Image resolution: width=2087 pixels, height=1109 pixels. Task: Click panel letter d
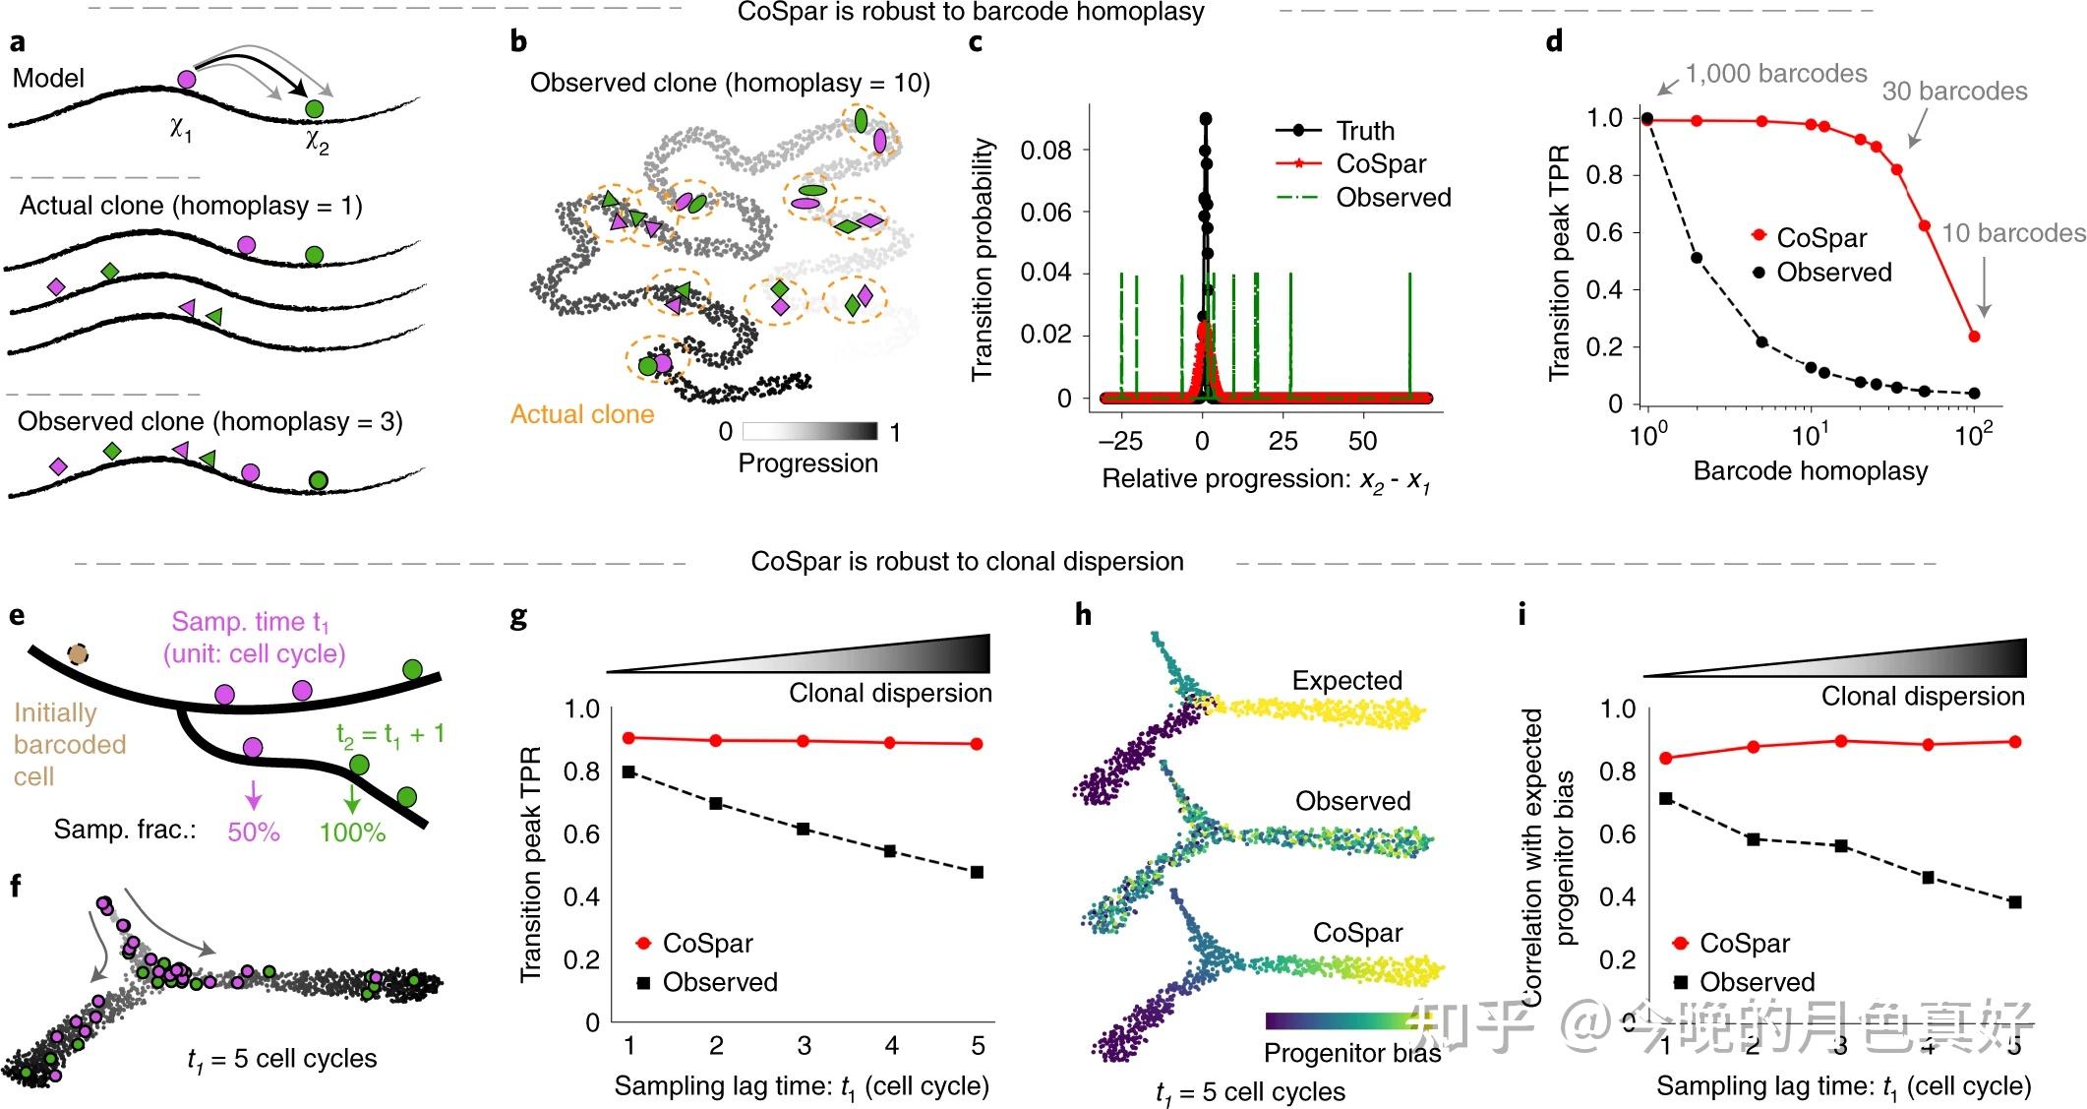click(x=1554, y=41)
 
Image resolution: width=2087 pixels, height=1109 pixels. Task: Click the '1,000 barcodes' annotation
click(x=1775, y=74)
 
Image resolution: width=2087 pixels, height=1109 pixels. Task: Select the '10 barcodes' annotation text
click(x=2012, y=233)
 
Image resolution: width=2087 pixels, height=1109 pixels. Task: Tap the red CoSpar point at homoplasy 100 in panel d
click(x=1974, y=337)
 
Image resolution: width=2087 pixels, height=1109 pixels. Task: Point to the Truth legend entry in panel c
click(x=1364, y=131)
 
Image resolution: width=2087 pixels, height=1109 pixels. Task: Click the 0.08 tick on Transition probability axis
click(x=1045, y=151)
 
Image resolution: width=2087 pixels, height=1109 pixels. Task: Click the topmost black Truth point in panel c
click(x=1205, y=119)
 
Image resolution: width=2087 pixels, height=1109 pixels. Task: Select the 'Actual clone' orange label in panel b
click(x=582, y=414)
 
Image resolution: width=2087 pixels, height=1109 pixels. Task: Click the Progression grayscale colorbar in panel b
click(x=809, y=431)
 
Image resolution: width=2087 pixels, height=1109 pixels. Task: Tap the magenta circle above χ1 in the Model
click(x=187, y=80)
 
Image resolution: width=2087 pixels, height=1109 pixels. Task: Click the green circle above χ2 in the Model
click(x=314, y=108)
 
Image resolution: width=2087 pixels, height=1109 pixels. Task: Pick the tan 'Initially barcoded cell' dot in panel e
click(x=78, y=654)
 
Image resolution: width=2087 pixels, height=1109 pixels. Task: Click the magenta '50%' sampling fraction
click(x=254, y=832)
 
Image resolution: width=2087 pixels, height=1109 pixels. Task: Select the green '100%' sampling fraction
click(x=352, y=832)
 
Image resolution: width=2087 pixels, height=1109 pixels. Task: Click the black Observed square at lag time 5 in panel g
click(x=977, y=872)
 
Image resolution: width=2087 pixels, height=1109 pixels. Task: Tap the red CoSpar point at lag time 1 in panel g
click(x=629, y=738)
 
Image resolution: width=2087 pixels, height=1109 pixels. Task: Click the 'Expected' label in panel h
click(x=1346, y=681)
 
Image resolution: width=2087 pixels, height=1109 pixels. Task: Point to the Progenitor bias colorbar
click(x=1342, y=1020)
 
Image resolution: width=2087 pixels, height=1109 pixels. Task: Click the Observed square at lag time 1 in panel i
click(x=1666, y=798)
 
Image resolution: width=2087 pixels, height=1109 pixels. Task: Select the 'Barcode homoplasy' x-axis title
click(x=1810, y=470)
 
